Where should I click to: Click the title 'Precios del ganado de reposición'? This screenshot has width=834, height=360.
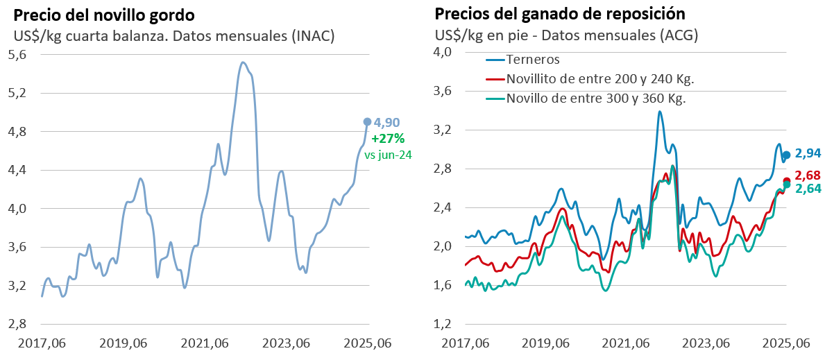tap(560, 14)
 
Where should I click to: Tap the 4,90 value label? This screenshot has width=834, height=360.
tap(386, 123)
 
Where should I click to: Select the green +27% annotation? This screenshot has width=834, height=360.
tap(388, 139)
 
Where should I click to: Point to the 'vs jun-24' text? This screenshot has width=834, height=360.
tap(388, 155)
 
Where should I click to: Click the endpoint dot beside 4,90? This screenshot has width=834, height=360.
tap(367, 121)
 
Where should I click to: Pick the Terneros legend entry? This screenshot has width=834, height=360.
tap(533, 60)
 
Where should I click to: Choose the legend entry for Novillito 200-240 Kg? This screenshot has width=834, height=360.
tap(599, 79)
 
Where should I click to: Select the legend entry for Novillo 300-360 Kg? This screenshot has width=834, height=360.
tap(595, 98)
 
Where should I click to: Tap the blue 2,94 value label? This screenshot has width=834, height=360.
tap(808, 153)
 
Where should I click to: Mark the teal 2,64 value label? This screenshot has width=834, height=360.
tap(808, 189)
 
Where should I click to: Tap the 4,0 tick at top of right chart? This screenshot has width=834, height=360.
tap(442, 52)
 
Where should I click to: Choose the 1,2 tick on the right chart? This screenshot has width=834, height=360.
tap(442, 324)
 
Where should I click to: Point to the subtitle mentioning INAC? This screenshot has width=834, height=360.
tap(174, 36)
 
